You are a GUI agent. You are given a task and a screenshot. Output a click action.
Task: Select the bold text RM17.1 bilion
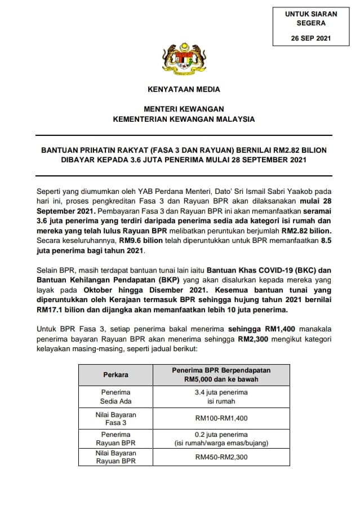tap(57, 309)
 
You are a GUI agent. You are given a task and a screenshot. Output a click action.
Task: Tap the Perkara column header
tap(115, 374)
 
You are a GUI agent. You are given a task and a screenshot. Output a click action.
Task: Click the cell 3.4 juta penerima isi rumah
tap(221, 396)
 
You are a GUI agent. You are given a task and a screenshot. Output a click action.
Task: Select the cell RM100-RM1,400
tap(221, 418)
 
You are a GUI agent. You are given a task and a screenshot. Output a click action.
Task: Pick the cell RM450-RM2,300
tap(221, 458)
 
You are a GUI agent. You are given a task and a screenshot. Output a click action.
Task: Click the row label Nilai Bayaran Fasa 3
tap(115, 418)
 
